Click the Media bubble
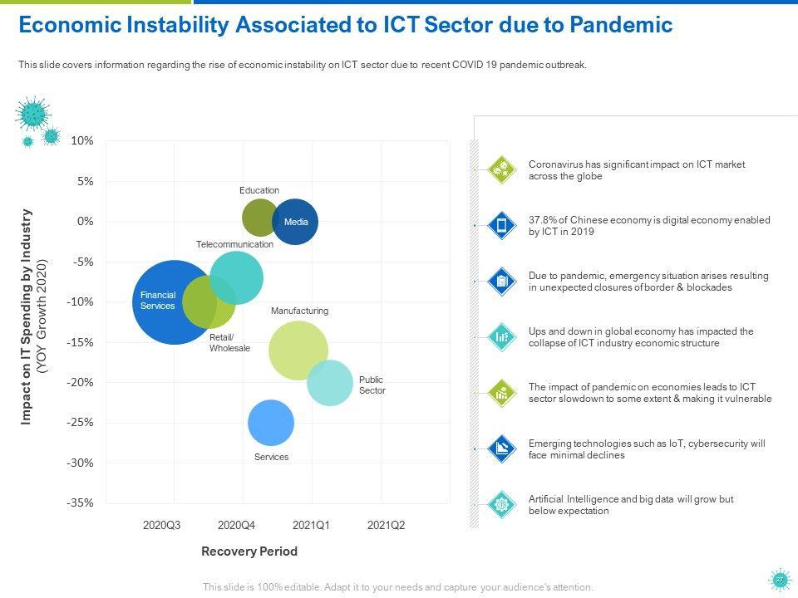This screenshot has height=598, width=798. (x=296, y=222)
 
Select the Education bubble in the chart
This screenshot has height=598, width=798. (x=259, y=218)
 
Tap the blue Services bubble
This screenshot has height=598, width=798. (x=271, y=423)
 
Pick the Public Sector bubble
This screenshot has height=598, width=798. (x=330, y=383)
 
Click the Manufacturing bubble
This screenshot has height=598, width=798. (x=298, y=350)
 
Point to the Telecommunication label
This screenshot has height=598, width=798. (x=234, y=245)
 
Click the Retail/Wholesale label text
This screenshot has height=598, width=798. (x=229, y=342)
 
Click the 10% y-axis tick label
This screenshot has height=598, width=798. (x=82, y=141)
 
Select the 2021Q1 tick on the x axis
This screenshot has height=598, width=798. (x=313, y=525)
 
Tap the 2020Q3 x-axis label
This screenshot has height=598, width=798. (x=161, y=525)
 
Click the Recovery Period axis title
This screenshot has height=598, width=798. (x=249, y=551)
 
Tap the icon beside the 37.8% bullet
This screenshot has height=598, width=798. (x=501, y=226)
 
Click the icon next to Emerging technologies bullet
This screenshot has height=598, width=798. (x=501, y=448)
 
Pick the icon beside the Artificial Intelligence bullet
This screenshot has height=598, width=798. (x=501, y=504)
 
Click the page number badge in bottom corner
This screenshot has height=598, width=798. (x=779, y=581)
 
